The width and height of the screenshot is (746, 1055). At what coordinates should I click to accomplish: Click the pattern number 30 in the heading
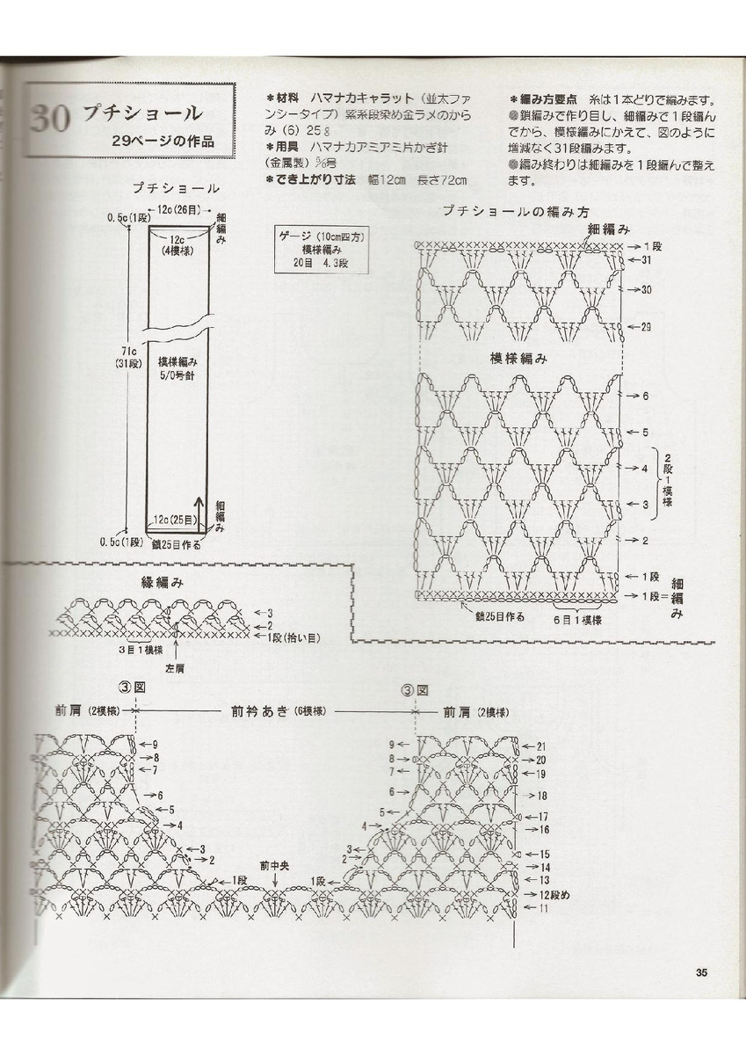coord(49,117)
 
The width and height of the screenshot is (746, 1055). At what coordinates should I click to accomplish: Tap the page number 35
coord(701,972)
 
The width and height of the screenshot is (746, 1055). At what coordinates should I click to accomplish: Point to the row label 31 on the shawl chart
coord(646,260)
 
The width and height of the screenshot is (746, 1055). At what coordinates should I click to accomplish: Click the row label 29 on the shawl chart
coord(646,327)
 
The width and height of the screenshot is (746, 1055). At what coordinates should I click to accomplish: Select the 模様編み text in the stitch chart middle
coord(518,359)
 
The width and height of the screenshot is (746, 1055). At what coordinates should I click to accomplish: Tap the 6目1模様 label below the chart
coord(576,620)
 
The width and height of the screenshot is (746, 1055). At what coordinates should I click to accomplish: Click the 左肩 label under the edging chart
coord(178,667)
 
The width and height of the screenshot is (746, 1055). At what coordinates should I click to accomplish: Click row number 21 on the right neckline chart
coord(540,746)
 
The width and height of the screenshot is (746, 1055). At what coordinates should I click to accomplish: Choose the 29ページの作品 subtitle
coord(163,141)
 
